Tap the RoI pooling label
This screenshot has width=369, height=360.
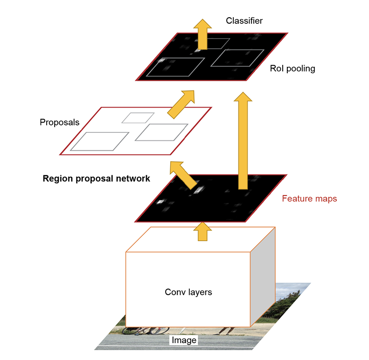tap(292, 69)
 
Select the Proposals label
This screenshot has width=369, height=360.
tap(59, 123)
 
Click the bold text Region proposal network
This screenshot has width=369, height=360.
tap(96, 178)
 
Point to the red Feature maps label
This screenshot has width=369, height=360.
tap(309, 199)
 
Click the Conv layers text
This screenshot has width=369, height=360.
tap(188, 292)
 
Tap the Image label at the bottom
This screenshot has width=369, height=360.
tap(183, 340)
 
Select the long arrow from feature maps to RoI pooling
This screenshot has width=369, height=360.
tap(243, 140)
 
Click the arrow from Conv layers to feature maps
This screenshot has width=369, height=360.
tap(202, 230)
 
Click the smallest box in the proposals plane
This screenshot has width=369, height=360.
tap(138, 118)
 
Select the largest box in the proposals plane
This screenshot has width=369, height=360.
tap(103, 141)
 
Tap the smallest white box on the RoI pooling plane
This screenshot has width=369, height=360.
tap(216, 43)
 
